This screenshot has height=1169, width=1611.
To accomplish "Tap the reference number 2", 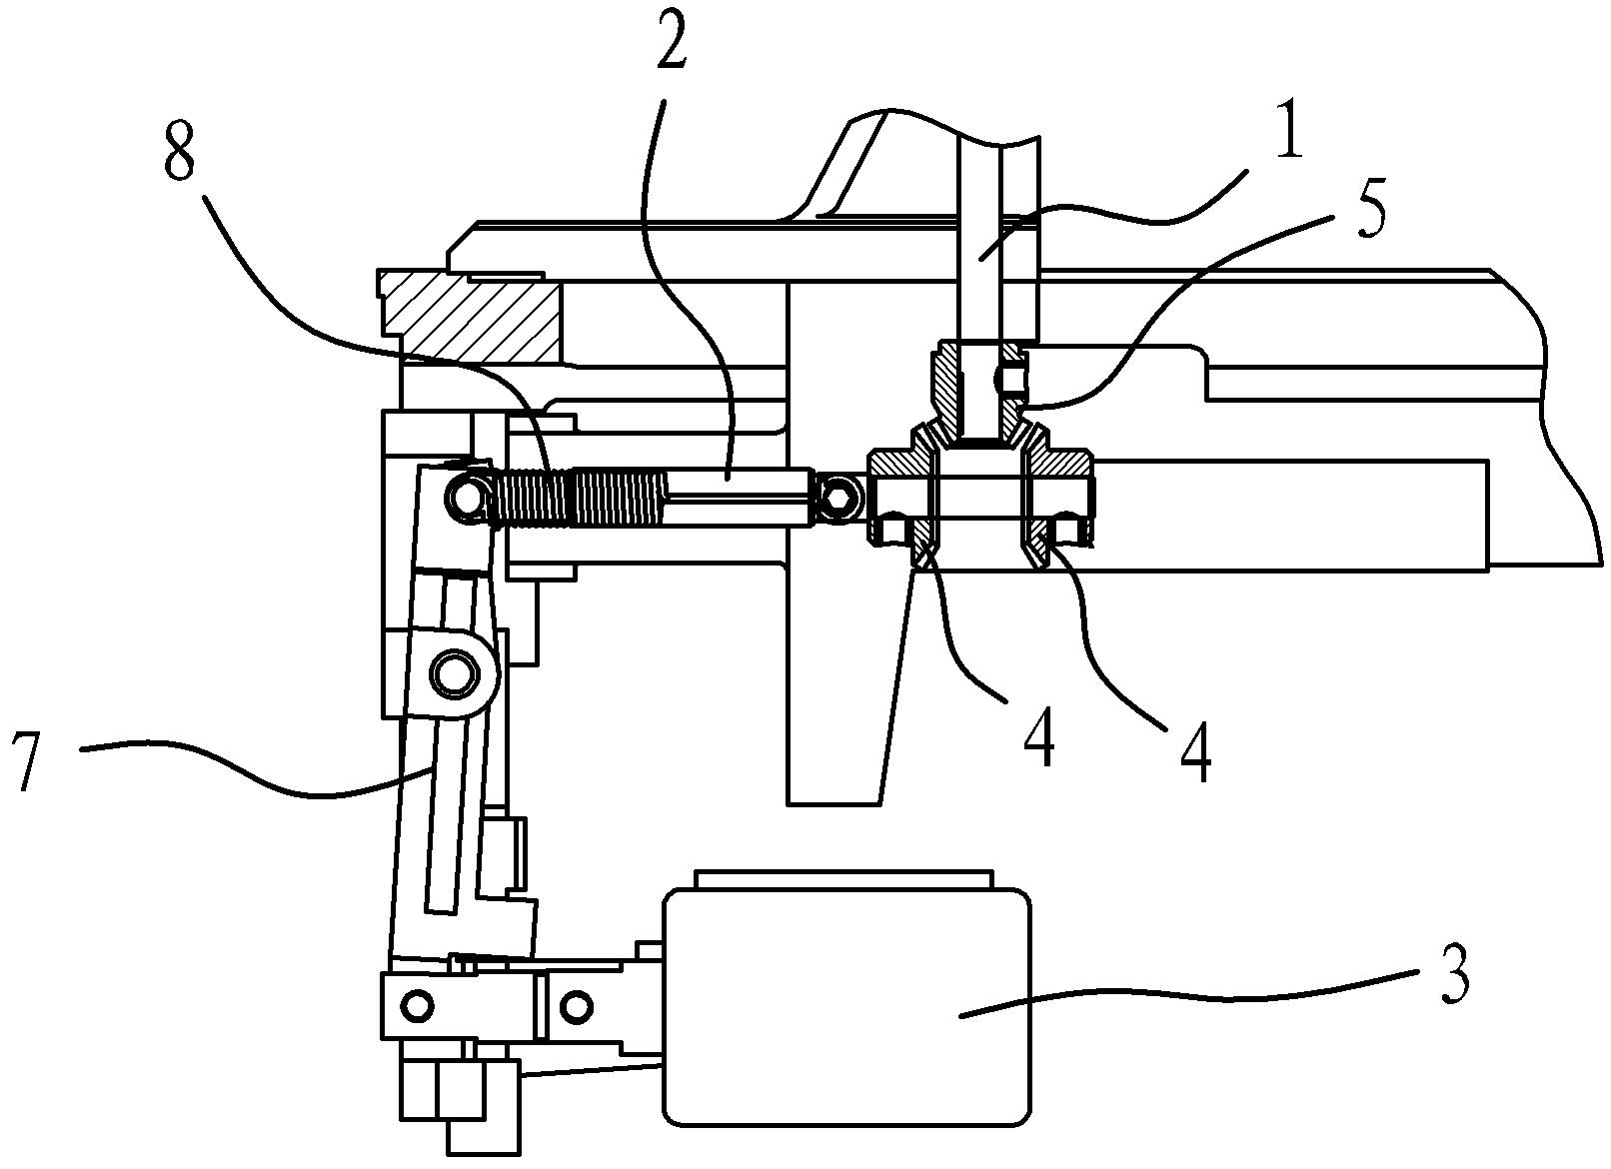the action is pos(671,43).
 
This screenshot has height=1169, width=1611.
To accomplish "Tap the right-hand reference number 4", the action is pos(1195,754).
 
